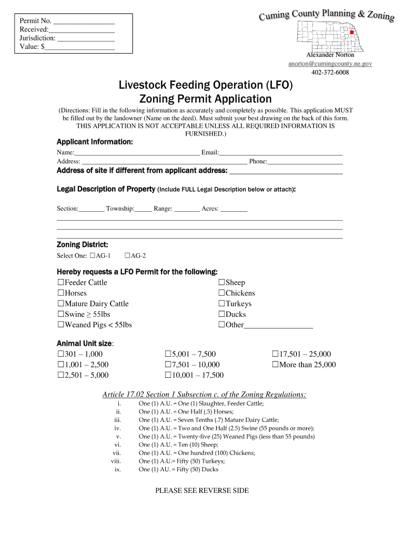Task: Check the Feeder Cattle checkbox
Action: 60,283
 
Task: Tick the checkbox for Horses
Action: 60,293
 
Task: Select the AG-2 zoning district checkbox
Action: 127,256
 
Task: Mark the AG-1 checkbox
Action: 93,256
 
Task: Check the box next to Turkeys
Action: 221,304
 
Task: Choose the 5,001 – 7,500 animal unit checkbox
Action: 168,354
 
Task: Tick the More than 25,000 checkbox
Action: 276,365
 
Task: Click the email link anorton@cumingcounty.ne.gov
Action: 330,64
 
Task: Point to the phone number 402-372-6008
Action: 330,73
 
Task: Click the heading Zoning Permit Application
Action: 205,99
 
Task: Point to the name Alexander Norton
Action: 330,55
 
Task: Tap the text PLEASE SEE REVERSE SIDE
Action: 202,491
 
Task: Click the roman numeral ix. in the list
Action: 118,469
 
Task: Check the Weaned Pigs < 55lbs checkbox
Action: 60,325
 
